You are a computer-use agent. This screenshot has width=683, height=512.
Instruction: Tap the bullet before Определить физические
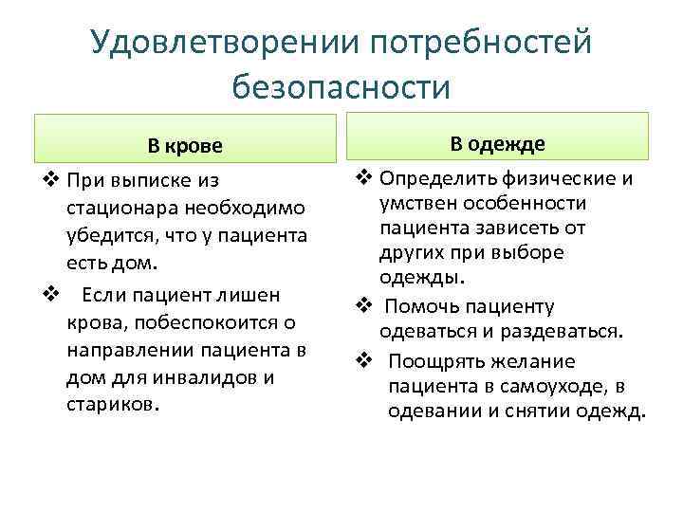point(362,178)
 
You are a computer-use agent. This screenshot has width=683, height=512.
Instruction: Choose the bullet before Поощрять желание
point(362,361)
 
